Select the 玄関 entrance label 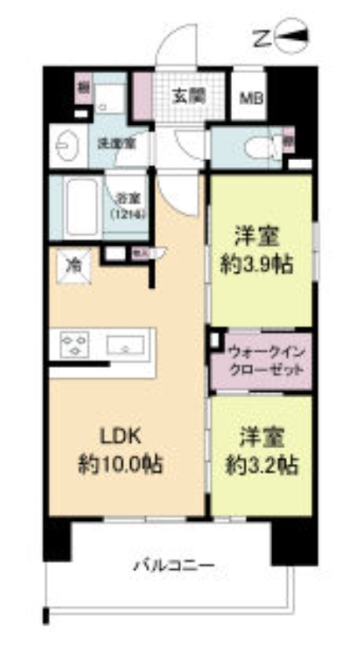189,97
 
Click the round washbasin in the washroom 65,146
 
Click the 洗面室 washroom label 115,144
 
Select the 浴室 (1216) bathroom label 125,205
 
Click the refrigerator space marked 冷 73,265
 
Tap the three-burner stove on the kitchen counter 75,345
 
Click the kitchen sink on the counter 125,345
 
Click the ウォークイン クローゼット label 260,359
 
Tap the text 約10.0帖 120,464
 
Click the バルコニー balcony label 173,564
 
